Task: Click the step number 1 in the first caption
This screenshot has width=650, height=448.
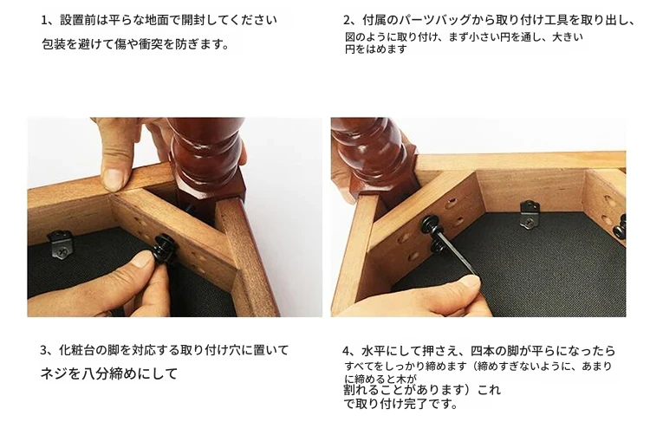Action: tap(44, 20)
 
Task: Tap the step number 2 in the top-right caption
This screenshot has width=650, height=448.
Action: tap(347, 20)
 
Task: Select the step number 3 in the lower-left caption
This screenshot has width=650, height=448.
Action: tap(43, 351)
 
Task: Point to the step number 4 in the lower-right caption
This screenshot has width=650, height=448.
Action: tap(346, 352)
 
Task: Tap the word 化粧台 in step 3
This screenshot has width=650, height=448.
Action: tap(76, 351)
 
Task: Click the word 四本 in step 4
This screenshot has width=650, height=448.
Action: tap(483, 352)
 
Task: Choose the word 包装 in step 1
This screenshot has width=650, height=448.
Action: tap(54, 44)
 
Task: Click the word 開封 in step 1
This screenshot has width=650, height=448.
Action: tap(193, 20)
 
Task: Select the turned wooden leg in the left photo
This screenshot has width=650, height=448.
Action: tap(205, 162)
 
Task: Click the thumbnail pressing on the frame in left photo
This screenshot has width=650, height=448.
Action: tap(113, 179)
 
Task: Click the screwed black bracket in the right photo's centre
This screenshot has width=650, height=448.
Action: tap(531, 214)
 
